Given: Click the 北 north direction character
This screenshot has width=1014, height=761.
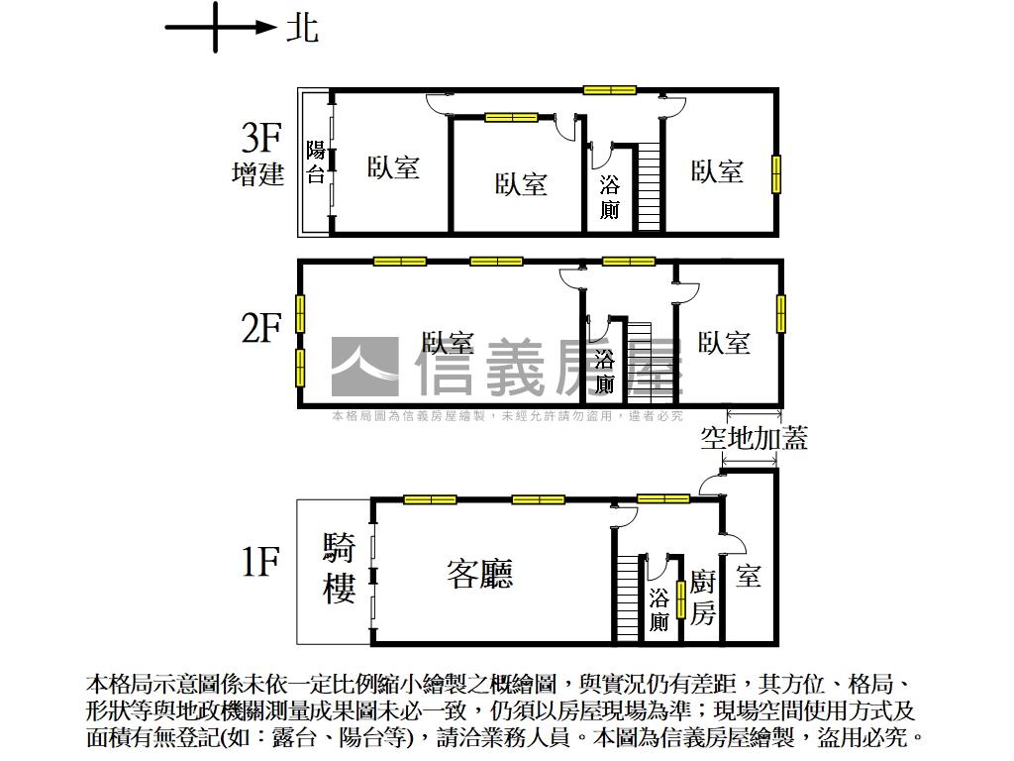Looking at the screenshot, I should click(x=302, y=27).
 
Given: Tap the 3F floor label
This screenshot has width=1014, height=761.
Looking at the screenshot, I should click(x=261, y=138).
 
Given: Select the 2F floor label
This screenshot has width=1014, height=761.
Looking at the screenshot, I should click(x=261, y=328).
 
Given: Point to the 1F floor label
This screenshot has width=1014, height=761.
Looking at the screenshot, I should click(x=261, y=563).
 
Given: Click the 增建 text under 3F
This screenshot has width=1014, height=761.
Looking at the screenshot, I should click(x=257, y=175).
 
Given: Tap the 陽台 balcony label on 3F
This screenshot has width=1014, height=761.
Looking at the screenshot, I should click(x=316, y=163).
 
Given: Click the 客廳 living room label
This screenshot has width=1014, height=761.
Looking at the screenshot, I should click(x=480, y=574).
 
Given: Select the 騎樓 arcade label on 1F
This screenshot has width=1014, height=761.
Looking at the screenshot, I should click(x=340, y=570).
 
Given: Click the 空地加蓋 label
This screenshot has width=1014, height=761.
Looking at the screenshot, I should click(x=754, y=438).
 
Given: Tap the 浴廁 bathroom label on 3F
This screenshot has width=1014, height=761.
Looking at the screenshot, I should click(x=609, y=197).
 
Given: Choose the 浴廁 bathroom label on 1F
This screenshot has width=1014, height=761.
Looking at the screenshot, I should click(x=659, y=609).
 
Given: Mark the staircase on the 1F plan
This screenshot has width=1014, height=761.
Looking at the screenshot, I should click(x=629, y=598).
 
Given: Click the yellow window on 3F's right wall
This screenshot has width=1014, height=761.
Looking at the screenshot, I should click(x=777, y=173).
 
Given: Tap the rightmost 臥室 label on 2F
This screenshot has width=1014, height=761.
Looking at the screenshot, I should click(x=724, y=343).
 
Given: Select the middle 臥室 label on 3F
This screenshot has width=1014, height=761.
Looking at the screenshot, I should click(x=521, y=184).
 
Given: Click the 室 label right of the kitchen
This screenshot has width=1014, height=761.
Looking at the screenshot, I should click(x=749, y=576).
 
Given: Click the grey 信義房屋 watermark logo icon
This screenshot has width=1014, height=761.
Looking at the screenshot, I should click(x=364, y=368).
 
